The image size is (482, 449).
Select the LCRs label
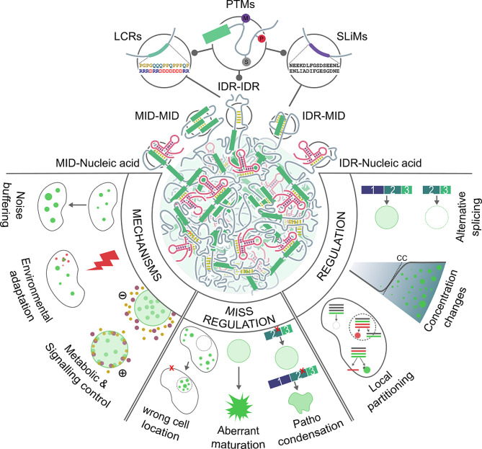[x=137, y=32]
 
